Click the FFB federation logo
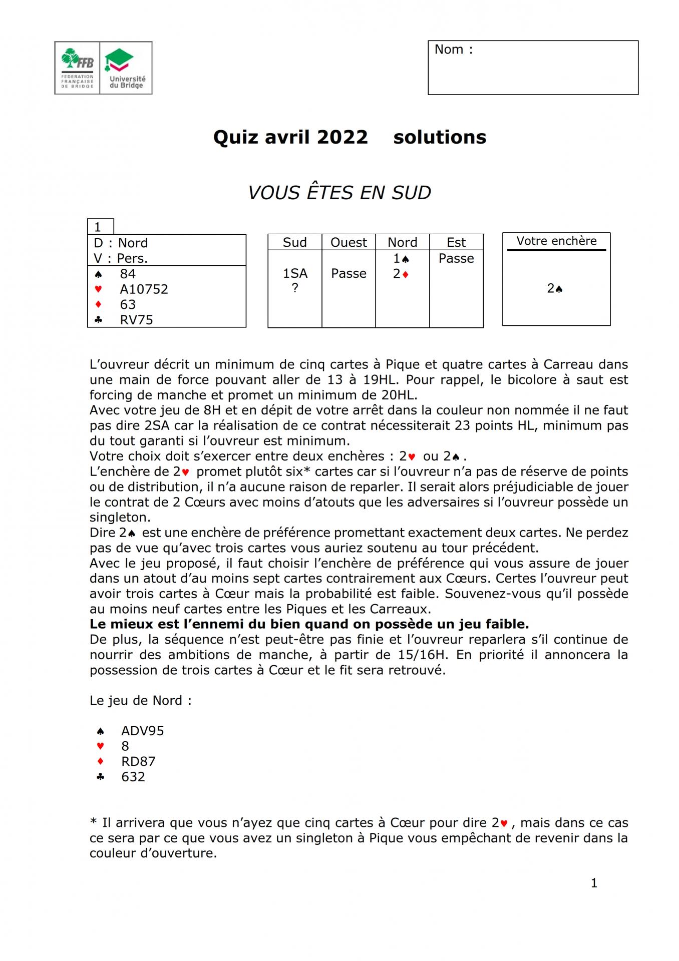coord(77,68)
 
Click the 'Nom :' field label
coord(453,50)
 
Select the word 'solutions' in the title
coord(440,137)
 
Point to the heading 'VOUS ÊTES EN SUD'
coord(339,193)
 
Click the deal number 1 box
coord(100,227)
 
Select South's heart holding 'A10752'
coord(144,289)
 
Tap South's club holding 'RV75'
coord(136,320)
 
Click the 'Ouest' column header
coord(349,243)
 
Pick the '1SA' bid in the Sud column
coord(295,273)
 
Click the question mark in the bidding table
coord(295,288)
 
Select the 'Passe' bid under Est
coord(456,258)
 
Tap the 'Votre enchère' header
coord(556,241)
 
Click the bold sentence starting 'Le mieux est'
coord(309,624)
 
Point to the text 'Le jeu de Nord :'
coord(141,701)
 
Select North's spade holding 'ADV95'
coord(142,731)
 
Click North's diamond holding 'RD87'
coord(138,761)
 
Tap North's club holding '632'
coord(133,777)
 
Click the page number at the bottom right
coord(594,883)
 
